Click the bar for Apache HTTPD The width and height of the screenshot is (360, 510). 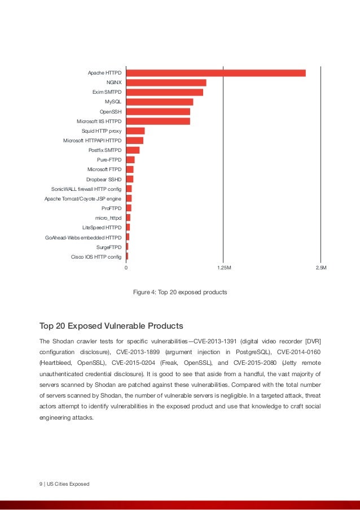[216, 73]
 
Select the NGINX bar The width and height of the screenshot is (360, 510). [166, 82]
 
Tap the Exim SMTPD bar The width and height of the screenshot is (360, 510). [164, 92]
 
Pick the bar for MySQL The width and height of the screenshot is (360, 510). [159, 102]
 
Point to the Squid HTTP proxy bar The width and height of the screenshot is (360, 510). [135, 131]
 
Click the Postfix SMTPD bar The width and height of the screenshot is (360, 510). [133, 150]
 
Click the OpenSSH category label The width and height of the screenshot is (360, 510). [110, 112]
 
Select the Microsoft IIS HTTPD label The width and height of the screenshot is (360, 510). [99, 121]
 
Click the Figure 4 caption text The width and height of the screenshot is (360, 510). [179, 293]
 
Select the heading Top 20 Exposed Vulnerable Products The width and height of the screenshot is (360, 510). [111, 326]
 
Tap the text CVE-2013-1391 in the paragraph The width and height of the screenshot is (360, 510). [215, 341]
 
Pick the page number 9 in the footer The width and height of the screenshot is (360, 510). [41, 484]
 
